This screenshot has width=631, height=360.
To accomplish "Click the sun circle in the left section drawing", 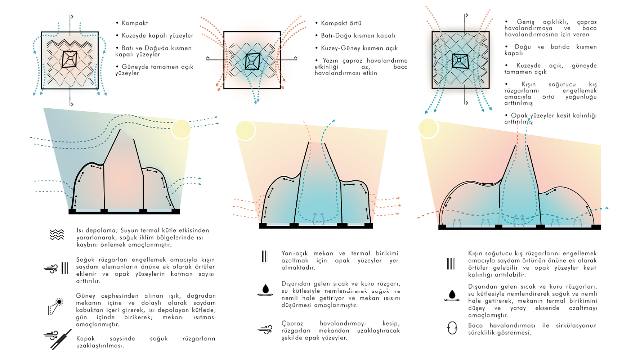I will (181, 129).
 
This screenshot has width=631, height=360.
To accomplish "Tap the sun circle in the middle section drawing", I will (245, 130).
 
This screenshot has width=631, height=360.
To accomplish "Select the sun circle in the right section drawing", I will (428, 128).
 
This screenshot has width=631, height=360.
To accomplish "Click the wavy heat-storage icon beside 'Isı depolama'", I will (57, 235).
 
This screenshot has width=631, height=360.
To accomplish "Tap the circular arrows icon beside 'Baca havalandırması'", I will (452, 328).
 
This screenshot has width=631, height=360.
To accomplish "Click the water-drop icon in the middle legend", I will (265, 290).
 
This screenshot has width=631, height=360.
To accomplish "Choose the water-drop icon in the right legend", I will (452, 295).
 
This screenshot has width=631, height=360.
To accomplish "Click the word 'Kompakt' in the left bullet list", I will (135, 23).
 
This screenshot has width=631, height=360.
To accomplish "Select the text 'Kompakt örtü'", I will (341, 23).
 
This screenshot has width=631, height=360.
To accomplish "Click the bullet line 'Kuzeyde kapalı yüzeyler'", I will (157, 36).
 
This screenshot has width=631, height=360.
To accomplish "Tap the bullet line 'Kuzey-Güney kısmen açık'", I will (359, 48).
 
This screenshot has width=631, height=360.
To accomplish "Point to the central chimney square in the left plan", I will (70, 59).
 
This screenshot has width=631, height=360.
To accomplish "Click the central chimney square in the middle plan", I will (252, 61).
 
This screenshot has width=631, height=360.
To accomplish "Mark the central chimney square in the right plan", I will (460, 60).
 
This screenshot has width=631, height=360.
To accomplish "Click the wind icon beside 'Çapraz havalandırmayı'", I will (265, 329).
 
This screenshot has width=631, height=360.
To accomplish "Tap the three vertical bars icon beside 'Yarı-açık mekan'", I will (265, 256).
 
